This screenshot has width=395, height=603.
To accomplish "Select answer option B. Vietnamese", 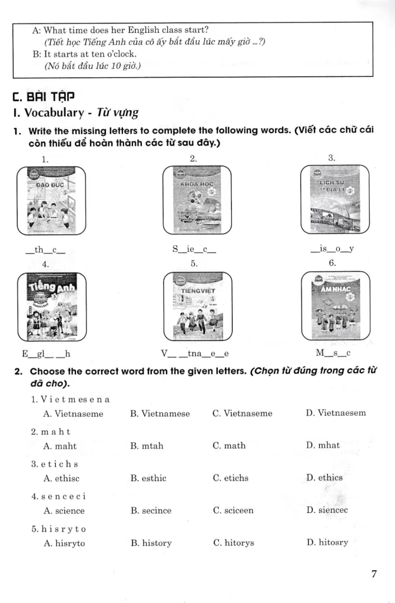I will pos(160,413).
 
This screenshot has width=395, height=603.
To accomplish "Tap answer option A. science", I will pos(64,511).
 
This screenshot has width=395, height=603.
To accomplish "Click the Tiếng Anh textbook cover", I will pos(51,306).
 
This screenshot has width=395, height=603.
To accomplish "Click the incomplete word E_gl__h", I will pos(46,354).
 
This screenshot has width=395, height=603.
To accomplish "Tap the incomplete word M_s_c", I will pos(333,354).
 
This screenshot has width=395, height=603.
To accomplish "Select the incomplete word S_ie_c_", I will pos(194,250).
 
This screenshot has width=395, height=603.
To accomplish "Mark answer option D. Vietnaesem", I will pos(336,413).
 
